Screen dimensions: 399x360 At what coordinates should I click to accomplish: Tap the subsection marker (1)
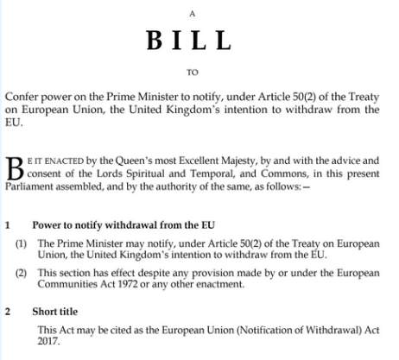point(22,243)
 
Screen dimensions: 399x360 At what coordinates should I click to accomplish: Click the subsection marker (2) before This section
point(22,272)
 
